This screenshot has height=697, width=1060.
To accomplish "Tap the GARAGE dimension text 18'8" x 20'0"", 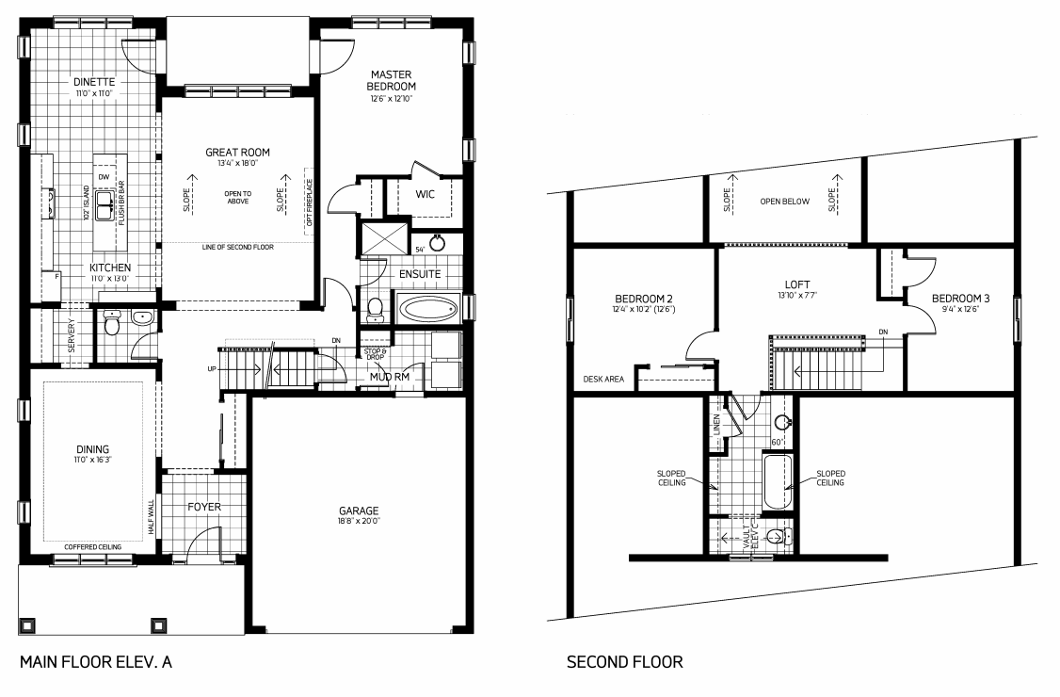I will pos(359,520).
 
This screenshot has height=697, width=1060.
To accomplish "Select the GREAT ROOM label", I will pos(237,152).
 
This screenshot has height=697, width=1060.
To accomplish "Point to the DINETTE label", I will pos(93,82).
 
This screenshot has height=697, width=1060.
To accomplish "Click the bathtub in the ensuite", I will pos(427,308).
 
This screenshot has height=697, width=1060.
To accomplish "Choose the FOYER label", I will pos(204,507).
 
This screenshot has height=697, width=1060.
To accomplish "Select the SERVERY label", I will pos(72,335).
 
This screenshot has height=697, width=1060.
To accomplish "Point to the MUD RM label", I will pos(389,377).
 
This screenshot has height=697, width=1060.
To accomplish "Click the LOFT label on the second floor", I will pos(797,284).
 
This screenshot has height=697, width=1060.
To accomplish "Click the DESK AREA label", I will pos(603,380).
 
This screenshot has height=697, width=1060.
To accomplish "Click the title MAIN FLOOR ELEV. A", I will pos(95,662).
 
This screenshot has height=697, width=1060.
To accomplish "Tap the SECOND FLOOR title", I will pos(624,662).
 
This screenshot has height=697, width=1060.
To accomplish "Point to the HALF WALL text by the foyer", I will pos(151,518).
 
